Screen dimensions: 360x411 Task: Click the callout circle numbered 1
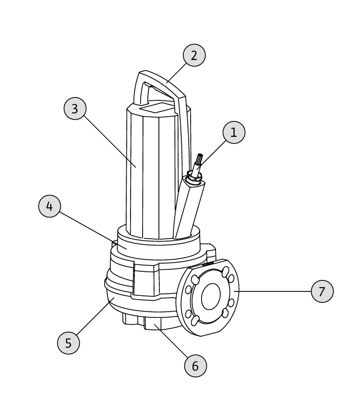(x=234, y=133)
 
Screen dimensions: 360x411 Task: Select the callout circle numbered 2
(x=194, y=55)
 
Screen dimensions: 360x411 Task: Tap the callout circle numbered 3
(x=75, y=109)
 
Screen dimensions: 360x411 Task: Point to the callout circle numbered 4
(x=49, y=206)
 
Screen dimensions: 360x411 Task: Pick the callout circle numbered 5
(x=68, y=343)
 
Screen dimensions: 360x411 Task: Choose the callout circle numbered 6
(x=195, y=366)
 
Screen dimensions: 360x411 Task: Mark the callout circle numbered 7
(x=322, y=291)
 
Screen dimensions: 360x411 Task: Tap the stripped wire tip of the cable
(x=200, y=158)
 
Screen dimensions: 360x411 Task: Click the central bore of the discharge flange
(x=211, y=296)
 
